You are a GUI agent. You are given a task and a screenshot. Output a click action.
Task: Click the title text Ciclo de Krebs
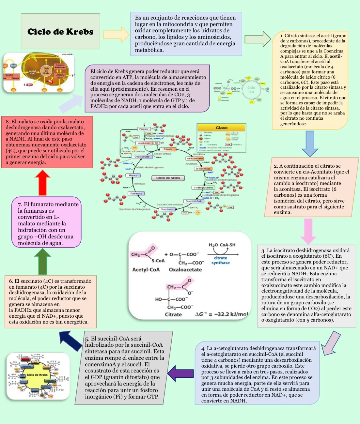click(60, 32)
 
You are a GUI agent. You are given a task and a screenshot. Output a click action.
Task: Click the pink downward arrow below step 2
click(308, 231)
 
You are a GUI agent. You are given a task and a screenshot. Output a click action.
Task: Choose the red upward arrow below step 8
click(42, 183)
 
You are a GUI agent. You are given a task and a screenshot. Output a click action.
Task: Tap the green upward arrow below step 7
click(42, 261)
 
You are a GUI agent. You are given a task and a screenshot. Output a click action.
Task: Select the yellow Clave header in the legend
click(221, 128)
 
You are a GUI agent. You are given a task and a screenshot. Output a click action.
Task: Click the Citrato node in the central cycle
click(168, 149)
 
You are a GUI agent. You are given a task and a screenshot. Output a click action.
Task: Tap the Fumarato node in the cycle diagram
click(136, 193)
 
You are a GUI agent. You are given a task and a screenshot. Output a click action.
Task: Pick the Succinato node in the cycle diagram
click(167, 209)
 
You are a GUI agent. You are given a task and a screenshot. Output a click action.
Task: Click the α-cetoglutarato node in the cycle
click(203, 188)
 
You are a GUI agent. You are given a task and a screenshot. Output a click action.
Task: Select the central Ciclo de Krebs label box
click(168, 178)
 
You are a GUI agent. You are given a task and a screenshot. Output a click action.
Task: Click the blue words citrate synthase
click(220, 260)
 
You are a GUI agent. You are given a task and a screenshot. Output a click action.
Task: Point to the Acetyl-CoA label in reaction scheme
click(146, 269)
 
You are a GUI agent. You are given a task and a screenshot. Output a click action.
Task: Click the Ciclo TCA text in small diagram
click(251, 90)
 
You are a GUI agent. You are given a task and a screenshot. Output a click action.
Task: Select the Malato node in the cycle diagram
click(133, 175)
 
